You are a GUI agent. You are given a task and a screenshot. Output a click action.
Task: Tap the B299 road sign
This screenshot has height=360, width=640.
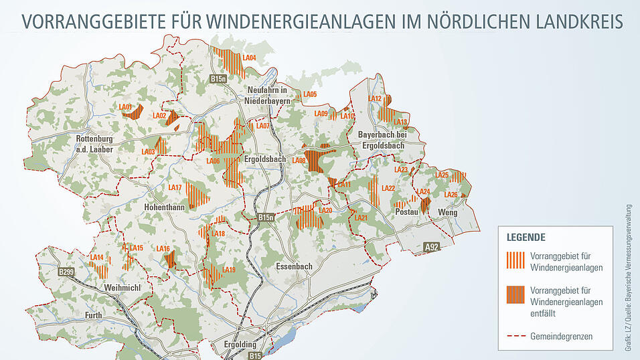(66, 272)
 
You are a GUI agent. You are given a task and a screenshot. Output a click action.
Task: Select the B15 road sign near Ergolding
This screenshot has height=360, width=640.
(255, 356)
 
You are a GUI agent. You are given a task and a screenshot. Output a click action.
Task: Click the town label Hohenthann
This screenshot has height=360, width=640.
(164, 208)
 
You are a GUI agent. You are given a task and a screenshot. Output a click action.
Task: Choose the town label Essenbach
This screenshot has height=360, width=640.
(294, 266)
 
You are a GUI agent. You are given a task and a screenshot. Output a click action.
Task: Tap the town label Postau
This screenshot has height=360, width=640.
(407, 211)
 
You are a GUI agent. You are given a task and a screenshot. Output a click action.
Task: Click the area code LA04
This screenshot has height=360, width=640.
(249, 58)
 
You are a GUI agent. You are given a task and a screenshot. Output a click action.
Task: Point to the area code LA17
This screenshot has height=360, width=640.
(175, 187)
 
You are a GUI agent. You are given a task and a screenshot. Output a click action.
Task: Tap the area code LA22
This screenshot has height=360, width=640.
(387, 188)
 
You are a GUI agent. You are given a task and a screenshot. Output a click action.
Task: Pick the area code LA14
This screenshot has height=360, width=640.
(96, 258)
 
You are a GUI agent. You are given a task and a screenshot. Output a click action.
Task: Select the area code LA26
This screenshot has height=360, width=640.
(451, 195)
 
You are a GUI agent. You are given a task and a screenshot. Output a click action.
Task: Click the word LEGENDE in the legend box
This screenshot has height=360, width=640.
(526, 237)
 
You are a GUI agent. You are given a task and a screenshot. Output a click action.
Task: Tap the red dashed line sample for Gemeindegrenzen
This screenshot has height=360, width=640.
(516, 335)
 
